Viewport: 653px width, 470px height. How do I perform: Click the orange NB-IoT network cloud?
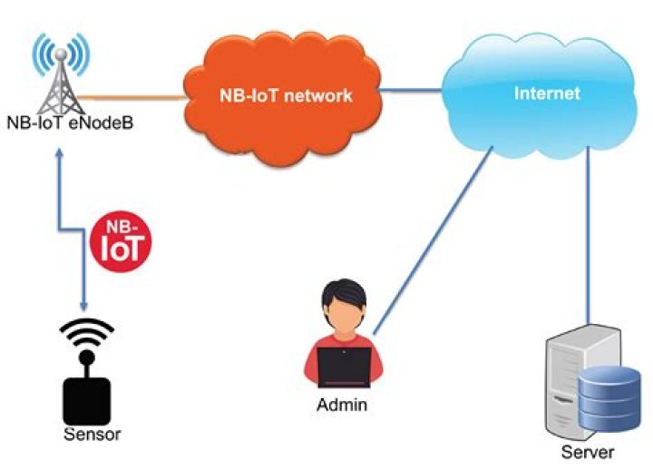[x=282, y=92]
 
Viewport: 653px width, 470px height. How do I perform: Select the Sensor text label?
[x=92, y=434]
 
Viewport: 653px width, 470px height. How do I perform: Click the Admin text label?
[x=342, y=405]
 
